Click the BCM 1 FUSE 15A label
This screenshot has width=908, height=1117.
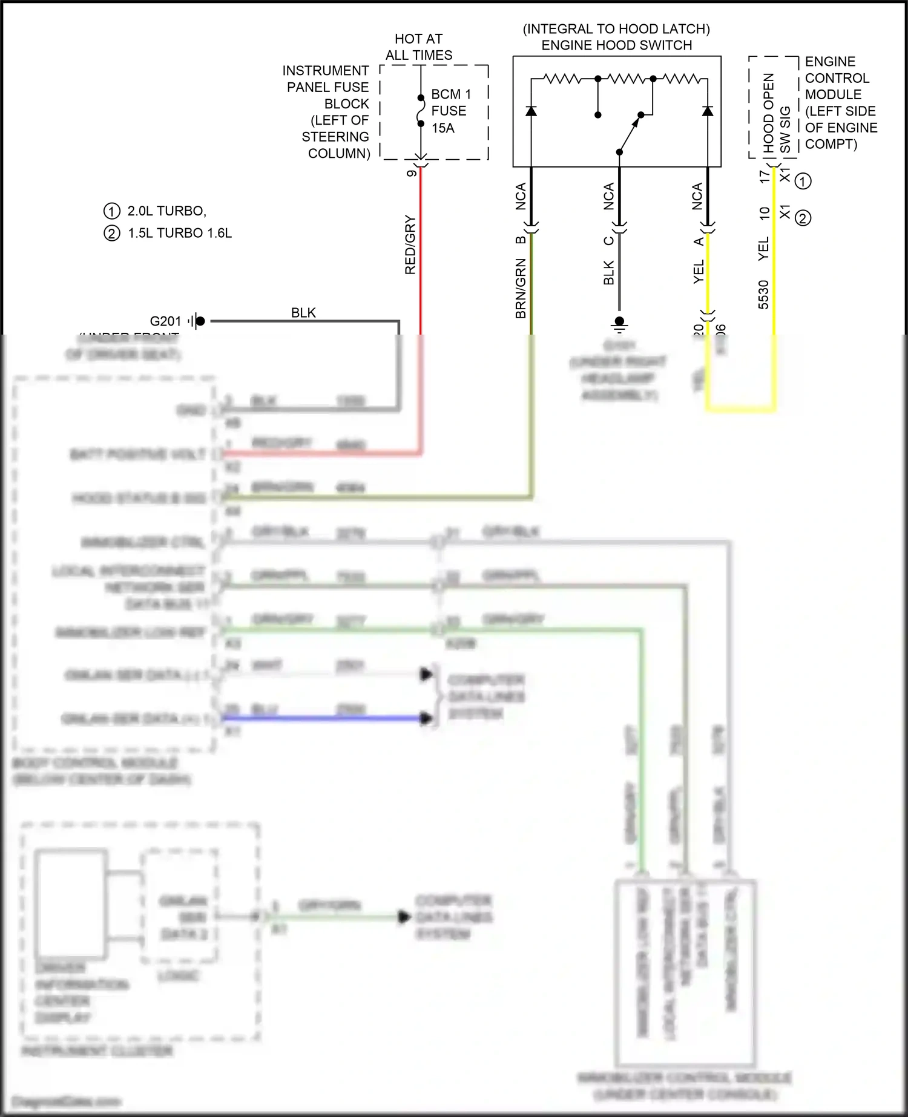[x=450, y=111]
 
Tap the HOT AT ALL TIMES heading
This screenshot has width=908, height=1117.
[x=419, y=47]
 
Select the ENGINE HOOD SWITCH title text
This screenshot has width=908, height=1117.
[x=616, y=45]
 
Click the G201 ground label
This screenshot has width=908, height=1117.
[x=165, y=321]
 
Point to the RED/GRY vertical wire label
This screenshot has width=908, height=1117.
[x=410, y=245]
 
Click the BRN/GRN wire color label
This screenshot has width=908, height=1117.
[x=521, y=288]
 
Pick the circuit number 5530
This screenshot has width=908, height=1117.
[x=763, y=295]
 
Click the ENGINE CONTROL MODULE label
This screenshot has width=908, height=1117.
[x=840, y=103]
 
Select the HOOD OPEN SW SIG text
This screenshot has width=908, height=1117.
[x=776, y=113]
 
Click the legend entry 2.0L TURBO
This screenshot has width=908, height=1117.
[x=166, y=211]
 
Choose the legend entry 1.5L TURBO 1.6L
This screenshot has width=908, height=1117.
[x=179, y=234]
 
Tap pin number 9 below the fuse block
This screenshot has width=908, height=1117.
[x=412, y=174]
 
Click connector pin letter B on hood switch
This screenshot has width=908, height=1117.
[x=521, y=240]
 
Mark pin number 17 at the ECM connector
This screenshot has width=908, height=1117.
[x=764, y=176]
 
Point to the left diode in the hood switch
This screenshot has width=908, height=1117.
[x=531, y=111]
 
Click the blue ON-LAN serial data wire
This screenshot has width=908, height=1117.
[x=327, y=718]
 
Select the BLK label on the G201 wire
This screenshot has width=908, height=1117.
[x=303, y=313]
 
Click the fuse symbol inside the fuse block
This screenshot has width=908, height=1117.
[x=421, y=111]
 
